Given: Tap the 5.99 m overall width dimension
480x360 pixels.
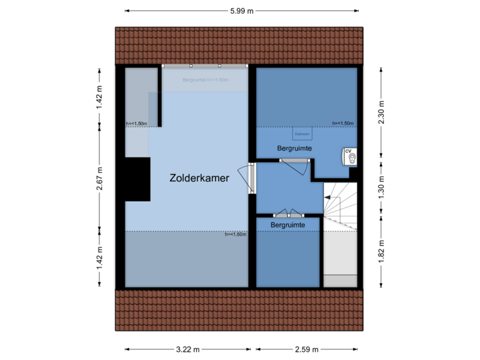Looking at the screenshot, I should [241, 11].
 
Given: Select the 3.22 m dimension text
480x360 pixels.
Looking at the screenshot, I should [188, 349].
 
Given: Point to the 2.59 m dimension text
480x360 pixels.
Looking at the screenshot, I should [306, 349].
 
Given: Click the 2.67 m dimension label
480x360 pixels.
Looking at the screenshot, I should [100, 179].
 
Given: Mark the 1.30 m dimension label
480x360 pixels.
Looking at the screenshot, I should [381, 183].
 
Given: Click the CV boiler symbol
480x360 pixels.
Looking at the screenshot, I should [350, 156].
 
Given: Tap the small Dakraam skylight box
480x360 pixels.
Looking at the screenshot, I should [302, 133].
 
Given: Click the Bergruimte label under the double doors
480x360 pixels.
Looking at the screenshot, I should [288, 226].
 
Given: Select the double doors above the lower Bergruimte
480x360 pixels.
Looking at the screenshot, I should [288, 214].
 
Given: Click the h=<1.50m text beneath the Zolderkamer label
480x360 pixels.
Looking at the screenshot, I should [235, 234].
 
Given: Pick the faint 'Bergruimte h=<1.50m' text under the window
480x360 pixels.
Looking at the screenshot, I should [205, 79].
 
